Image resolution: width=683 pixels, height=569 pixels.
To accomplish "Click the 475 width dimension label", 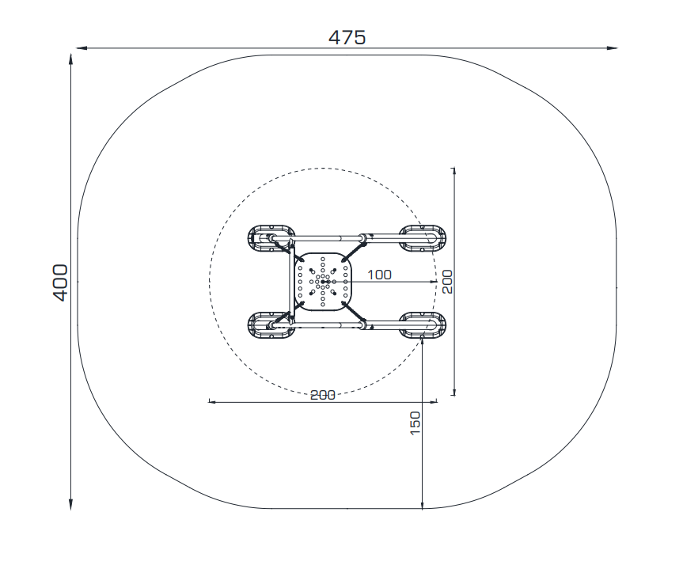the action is (347, 37).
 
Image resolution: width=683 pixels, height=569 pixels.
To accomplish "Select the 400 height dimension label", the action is (61, 283).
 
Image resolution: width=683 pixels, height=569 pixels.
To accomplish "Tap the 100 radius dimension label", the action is (379, 275).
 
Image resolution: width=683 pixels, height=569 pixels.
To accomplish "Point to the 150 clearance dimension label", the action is (415, 423).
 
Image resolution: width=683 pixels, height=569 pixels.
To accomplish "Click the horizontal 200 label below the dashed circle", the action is (323, 395).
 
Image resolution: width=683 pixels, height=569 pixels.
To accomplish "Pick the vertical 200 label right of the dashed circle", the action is (447, 282).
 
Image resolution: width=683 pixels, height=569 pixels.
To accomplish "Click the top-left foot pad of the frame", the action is (271, 238).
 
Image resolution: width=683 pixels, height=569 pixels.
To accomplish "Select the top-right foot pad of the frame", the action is (423, 238).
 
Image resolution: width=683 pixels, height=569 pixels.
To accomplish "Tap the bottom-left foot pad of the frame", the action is (271, 325).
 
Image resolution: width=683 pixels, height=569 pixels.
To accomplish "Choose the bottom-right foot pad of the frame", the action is (423, 325).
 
